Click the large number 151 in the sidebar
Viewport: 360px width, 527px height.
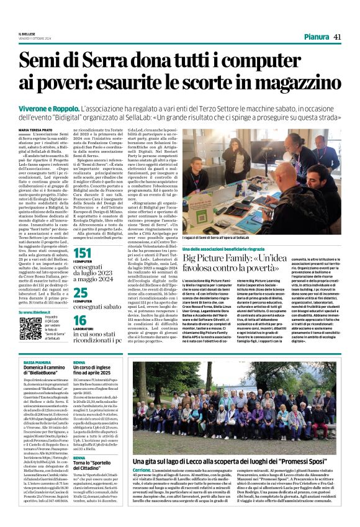click(x=83, y=253)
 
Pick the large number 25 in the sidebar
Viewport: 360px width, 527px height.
click(x=80, y=292)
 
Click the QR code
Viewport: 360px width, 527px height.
click(x=29, y=329)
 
